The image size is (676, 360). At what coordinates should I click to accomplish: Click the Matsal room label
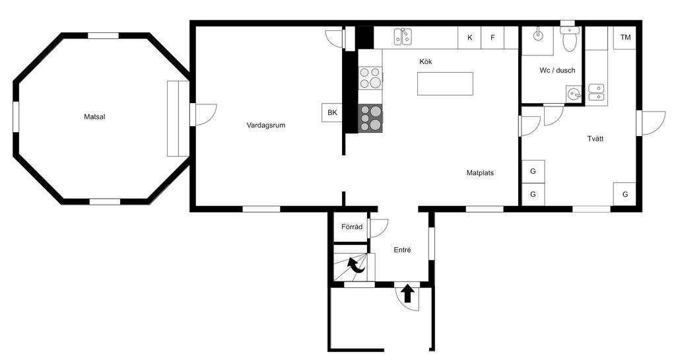coord(94,117)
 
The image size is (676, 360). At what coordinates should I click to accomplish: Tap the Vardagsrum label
coord(266,126)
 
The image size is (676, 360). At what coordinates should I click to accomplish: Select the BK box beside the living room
coord(332,112)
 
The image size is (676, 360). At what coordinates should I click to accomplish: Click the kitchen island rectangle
coord(445,84)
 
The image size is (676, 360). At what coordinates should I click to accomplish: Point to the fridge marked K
coord(469,38)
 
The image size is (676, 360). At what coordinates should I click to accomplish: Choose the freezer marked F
coord(492,38)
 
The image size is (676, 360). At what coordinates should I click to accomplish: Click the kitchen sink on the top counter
coord(403,36)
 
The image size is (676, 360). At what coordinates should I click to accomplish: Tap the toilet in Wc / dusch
coord(570,38)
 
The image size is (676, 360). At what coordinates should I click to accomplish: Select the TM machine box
coord(625,38)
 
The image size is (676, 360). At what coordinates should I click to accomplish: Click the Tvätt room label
coord(595,139)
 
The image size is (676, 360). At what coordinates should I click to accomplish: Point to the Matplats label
coord(480,173)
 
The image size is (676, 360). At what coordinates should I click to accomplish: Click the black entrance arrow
coord(407,294)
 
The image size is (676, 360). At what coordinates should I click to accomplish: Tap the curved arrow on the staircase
coord(357,265)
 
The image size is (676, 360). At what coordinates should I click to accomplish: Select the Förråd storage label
coord(352,227)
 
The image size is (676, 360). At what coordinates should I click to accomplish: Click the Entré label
coord(402,250)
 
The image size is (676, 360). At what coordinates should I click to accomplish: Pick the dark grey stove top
coord(370,118)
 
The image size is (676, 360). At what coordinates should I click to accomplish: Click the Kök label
coord(426,61)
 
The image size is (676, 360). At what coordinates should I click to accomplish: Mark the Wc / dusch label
coord(557,70)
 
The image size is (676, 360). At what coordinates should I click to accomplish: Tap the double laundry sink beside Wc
coord(597,92)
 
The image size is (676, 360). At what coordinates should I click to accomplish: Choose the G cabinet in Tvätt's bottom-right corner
coord(625,194)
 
